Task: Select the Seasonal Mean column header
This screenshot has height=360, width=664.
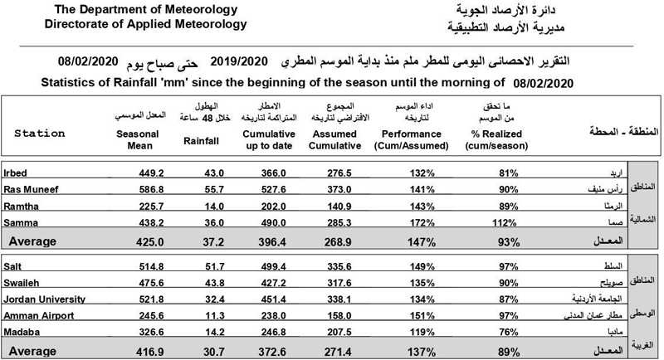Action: [x=138, y=138]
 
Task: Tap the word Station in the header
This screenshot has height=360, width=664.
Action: [x=40, y=133]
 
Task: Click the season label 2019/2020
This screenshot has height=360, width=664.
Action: [x=241, y=62]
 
